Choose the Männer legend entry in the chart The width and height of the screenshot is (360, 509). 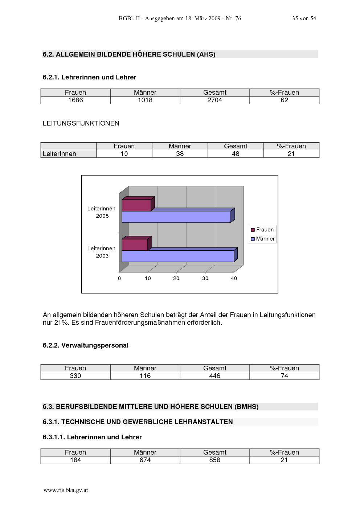pyautogui.click(x=263, y=239)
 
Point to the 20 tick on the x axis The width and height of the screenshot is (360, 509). pyautogui.click(x=176, y=278)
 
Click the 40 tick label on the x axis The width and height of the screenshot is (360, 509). pyautogui.click(x=234, y=278)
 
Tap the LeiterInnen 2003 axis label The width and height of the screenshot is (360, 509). pyautogui.click(x=101, y=252)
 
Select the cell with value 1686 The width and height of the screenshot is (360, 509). pyautogui.click(x=75, y=100)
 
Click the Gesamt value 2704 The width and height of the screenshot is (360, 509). pyautogui.click(x=214, y=100)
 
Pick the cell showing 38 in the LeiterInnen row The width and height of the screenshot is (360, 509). pyautogui.click(x=180, y=154)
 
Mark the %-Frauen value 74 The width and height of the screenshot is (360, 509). pyautogui.click(x=284, y=376)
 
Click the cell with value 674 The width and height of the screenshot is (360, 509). pyautogui.click(x=145, y=460)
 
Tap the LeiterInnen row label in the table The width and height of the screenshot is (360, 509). pyautogui.click(x=59, y=154)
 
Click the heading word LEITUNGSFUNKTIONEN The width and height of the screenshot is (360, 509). pyautogui.click(x=81, y=123)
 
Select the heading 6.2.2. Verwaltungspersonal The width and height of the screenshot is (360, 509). pyautogui.click(x=85, y=345)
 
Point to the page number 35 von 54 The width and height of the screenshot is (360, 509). pyautogui.click(x=304, y=19)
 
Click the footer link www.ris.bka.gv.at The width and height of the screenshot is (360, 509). pyautogui.click(x=66, y=490)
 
